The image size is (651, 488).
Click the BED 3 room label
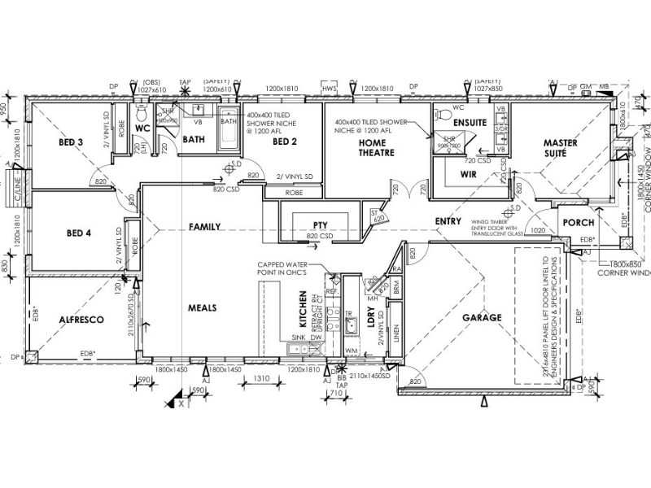point(71,142)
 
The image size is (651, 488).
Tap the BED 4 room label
point(78,233)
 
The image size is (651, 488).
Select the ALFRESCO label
point(80,320)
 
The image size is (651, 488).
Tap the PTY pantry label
point(320,225)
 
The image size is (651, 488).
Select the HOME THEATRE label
point(377,147)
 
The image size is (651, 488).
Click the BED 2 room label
point(285,142)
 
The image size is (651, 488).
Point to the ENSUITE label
point(470,122)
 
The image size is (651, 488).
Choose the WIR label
point(467,174)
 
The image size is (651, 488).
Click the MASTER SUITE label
point(561,148)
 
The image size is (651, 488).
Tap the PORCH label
point(579,223)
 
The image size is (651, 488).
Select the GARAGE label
point(483,317)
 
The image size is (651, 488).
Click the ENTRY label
point(448,221)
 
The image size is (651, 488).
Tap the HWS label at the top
point(329,87)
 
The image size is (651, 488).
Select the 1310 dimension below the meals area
point(261,379)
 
